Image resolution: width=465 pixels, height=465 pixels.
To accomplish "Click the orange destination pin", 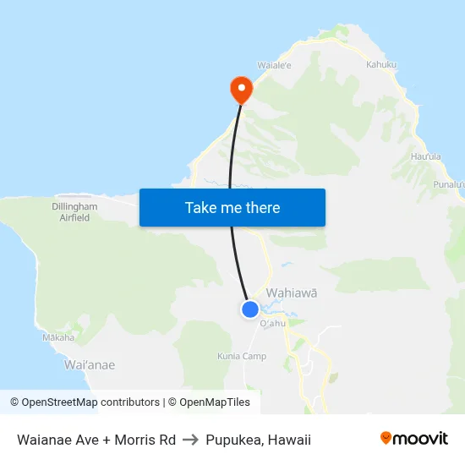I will click(241, 88).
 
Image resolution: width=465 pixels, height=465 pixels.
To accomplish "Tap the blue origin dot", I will click(250, 309).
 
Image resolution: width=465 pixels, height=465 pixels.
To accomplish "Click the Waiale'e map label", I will click(274, 64).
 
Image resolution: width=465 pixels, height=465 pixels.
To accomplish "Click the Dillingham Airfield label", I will click(74, 211).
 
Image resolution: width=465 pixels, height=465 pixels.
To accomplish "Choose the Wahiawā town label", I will click(292, 293).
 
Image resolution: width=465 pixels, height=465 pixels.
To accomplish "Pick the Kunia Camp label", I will click(242, 356).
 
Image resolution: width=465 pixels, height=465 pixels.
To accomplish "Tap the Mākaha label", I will click(58, 337).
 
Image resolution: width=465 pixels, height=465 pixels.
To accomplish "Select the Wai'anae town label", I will click(90, 365).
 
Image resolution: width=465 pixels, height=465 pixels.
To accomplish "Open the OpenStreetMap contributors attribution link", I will click(85, 402).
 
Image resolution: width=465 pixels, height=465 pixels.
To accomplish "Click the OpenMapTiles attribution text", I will click(208, 402).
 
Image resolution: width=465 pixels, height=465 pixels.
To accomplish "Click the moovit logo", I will click(413, 439).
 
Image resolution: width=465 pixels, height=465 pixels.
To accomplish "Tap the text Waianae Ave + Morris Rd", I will click(96, 440).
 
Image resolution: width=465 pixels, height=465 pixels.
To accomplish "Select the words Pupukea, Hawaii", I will click(259, 440).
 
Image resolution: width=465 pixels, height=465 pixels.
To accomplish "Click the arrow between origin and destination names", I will click(191, 440).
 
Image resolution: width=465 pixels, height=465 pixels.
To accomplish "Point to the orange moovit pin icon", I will click(386, 439).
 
